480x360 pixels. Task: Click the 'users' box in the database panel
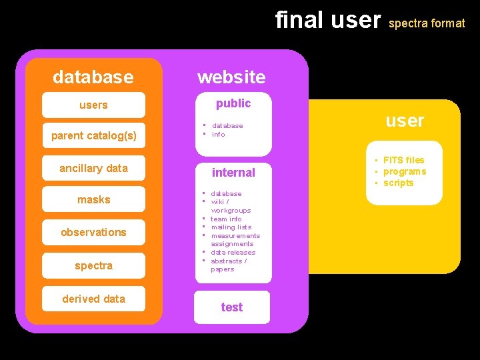93,105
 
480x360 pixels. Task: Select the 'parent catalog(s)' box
93,136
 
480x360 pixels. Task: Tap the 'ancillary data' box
93,168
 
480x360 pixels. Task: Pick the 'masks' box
93,199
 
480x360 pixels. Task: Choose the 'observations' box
93,232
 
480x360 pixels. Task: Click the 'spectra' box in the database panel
93,265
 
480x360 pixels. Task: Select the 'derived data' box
93,299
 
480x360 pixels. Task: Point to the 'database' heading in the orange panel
93,77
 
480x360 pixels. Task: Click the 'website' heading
231,77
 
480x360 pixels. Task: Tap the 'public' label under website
233,103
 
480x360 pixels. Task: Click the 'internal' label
233,173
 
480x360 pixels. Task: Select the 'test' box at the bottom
232,307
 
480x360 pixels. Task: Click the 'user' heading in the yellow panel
405,121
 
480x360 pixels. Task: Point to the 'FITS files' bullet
403,160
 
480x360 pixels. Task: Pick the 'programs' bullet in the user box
404,171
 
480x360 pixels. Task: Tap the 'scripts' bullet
398,183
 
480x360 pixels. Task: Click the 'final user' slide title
328,20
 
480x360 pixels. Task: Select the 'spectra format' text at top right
427,23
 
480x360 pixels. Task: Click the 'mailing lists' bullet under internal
231,227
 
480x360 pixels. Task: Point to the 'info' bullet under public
218,134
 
